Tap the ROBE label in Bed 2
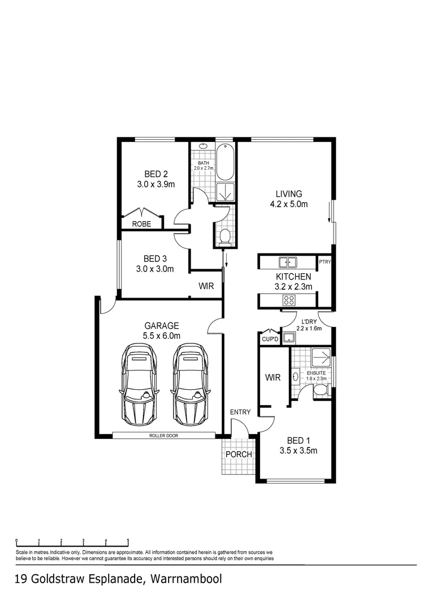pyautogui.click(x=141, y=223)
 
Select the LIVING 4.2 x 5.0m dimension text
pyautogui.click(x=288, y=204)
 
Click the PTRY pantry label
pyautogui.click(x=325, y=263)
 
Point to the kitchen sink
pyautogui.click(x=288, y=262)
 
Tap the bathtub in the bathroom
pyautogui.click(x=224, y=164)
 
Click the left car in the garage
pyautogui.click(x=137, y=385)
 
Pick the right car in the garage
pyautogui.click(x=189, y=385)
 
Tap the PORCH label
pyautogui.click(x=239, y=454)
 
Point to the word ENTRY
pyautogui.click(x=240, y=412)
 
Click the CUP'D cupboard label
pyautogui.click(x=269, y=339)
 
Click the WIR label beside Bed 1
pyautogui.click(x=273, y=378)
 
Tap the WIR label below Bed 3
pyautogui.click(x=206, y=286)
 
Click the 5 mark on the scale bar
pyautogui.click(x=128, y=540)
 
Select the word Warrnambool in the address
pyautogui.click(x=187, y=579)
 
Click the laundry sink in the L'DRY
pyautogui.click(x=289, y=338)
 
